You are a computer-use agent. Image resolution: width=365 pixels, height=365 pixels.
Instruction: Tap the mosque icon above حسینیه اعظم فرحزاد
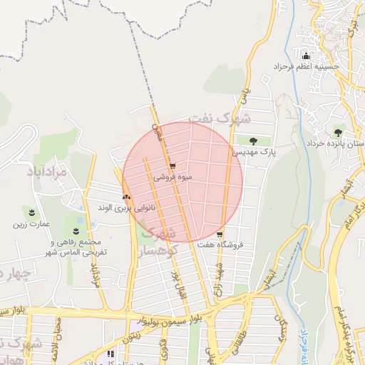tap(307, 56)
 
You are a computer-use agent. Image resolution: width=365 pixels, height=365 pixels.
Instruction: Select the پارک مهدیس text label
tap(252, 152)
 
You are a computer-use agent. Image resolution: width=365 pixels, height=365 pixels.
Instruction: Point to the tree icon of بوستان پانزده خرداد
tap(338, 132)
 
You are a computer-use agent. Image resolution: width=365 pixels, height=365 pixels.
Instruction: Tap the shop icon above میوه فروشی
tap(173, 166)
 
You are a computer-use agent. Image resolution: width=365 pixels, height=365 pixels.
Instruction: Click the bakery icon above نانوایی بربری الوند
tap(126, 195)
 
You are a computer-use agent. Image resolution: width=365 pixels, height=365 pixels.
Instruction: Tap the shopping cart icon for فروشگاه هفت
tap(220, 235)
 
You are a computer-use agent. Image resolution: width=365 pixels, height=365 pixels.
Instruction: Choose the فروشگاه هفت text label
tap(220, 245)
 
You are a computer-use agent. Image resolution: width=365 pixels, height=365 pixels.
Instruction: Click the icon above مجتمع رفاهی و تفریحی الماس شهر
tap(76, 230)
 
